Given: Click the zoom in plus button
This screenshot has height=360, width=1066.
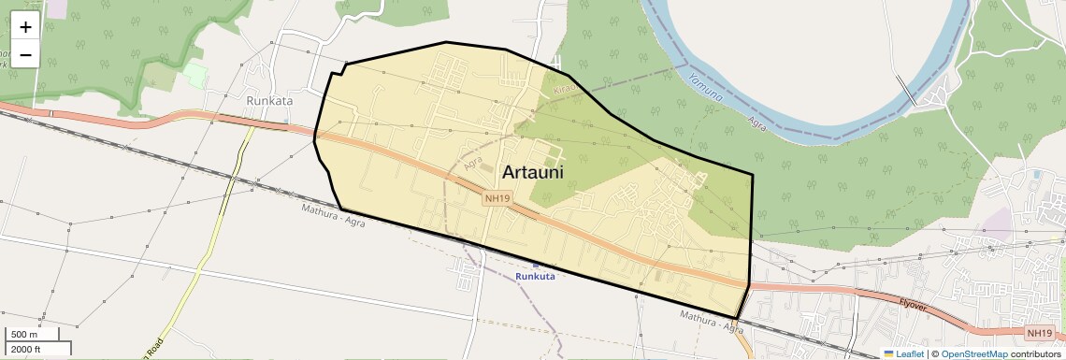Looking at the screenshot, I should [25, 27].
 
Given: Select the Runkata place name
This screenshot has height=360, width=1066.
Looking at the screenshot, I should [269, 100].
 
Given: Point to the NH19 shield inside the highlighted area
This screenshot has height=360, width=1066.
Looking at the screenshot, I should [497, 198].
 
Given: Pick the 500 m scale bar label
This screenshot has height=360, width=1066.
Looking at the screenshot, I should [24, 335].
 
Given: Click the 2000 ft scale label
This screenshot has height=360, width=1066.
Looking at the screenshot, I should [25, 349].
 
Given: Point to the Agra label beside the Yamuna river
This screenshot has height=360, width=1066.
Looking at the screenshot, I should [757, 122].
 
